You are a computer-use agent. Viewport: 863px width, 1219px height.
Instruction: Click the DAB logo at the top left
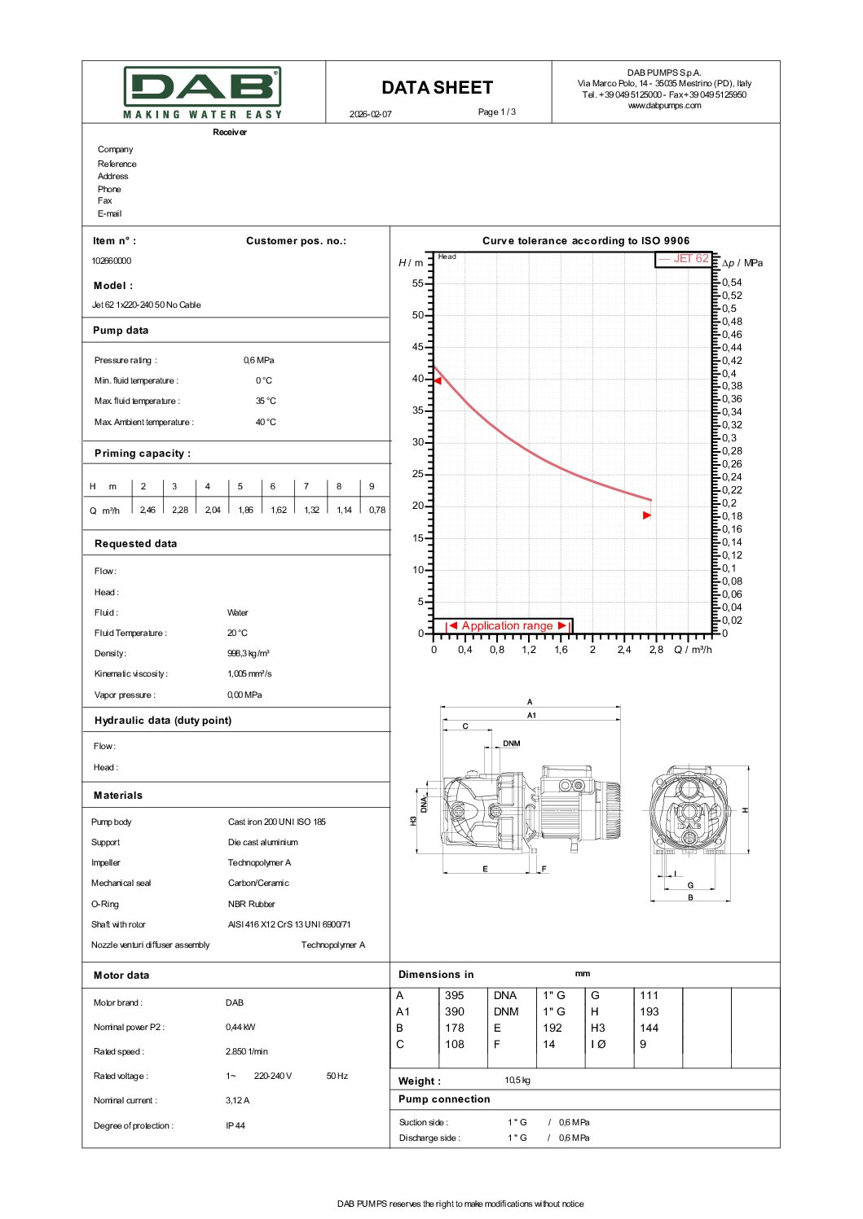tap(202, 92)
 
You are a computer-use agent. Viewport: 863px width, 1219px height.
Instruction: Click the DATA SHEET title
tap(437, 88)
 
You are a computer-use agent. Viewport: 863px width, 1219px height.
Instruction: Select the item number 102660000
tap(112, 261)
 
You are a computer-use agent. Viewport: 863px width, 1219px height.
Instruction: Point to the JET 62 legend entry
tap(685, 259)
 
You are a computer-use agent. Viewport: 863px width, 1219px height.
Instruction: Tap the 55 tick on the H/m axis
tap(418, 283)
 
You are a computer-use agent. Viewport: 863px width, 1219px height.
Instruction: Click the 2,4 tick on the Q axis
tap(624, 650)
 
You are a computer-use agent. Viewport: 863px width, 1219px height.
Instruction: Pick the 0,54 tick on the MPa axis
tap(732, 283)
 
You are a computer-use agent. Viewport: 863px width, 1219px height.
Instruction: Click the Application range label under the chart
tap(507, 626)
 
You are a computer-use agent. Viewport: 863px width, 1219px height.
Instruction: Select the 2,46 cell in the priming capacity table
tap(148, 511)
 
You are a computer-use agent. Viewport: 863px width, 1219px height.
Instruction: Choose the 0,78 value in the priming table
tap(376, 511)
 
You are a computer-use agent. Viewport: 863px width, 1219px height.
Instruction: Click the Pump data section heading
tap(121, 331)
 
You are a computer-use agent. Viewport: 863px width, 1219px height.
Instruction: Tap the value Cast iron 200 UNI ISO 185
tap(276, 822)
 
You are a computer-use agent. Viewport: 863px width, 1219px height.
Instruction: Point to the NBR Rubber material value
tap(251, 905)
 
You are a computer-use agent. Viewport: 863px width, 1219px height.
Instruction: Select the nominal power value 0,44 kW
tap(240, 1028)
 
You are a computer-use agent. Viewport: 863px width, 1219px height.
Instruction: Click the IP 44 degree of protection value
tap(236, 1126)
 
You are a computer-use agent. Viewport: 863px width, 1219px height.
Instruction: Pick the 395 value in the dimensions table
tap(455, 996)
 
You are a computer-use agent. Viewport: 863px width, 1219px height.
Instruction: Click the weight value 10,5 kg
tap(517, 1081)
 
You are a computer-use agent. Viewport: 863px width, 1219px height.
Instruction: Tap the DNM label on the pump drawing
tap(511, 743)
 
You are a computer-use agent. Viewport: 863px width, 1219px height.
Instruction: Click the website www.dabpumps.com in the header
tap(664, 105)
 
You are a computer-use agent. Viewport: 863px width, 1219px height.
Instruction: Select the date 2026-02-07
tap(371, 114)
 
